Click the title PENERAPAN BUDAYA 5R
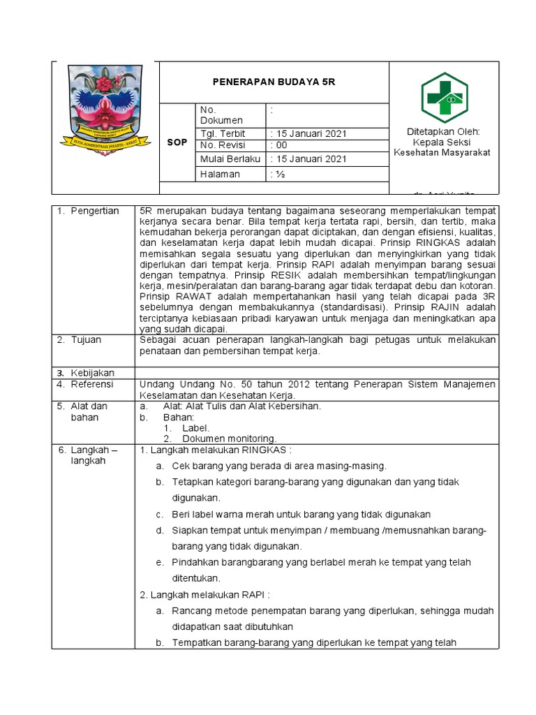click(274, 82)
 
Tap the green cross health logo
click(444, 97)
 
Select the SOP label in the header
click(177, 142)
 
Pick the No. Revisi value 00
click(281, 145)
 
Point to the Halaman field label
click(220, 174)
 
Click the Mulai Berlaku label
click(230, 159)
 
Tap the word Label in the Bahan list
click(195, 428)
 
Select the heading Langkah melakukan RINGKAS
click(216, 450)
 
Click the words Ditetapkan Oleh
click(443, 131)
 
